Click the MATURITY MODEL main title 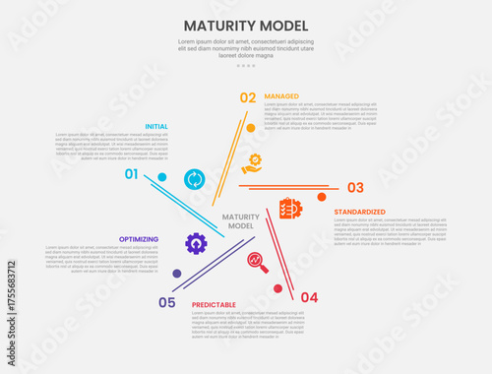tap(246, 25)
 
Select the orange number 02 tap(248, 97)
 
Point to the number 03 tap(355, 187)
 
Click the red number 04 tap(309, 297)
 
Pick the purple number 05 tap(167, 302)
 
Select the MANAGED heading tap(281, 96)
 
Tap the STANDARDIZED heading tap(359, 212)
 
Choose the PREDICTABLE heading tap(214, 305)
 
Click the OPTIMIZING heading tap(138, 238)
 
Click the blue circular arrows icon tap(195, 178)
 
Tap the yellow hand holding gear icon tap(253, 163)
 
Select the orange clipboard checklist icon tap(290, 209)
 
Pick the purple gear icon tap(196, 242)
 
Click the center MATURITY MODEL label tap(241, 221)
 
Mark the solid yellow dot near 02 tap(251, 128)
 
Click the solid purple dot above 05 tap(176, 274)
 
